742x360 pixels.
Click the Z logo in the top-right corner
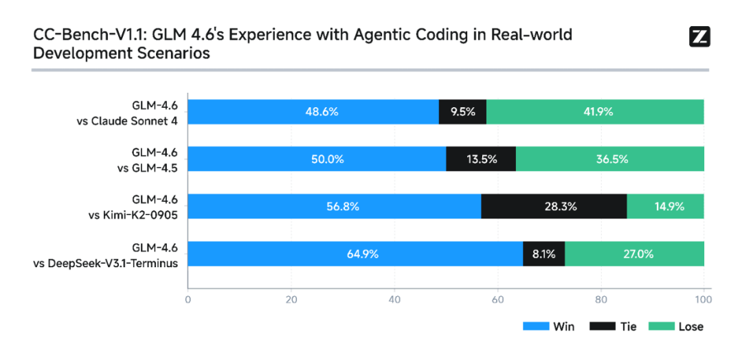coord(699,36)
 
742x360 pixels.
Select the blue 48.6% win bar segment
coord(313,111)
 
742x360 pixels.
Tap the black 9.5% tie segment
coord(462,111)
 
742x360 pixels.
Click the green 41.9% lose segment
coord(595,111)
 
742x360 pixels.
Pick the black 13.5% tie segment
coord(481,159)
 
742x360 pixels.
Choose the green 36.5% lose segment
coord(610,159)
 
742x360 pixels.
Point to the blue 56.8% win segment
coord(334,206)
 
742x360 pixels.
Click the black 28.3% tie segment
coord(554,206)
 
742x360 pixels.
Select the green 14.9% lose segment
coord(665,206)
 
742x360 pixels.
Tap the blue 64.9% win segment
coord(355,254)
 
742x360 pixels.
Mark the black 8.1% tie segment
coord(543,254)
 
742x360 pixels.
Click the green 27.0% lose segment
coord(634,254)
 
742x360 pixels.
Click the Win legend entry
coord(548,326)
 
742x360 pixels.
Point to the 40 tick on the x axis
coord(394,300)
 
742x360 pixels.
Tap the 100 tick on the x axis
coord(704,300)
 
